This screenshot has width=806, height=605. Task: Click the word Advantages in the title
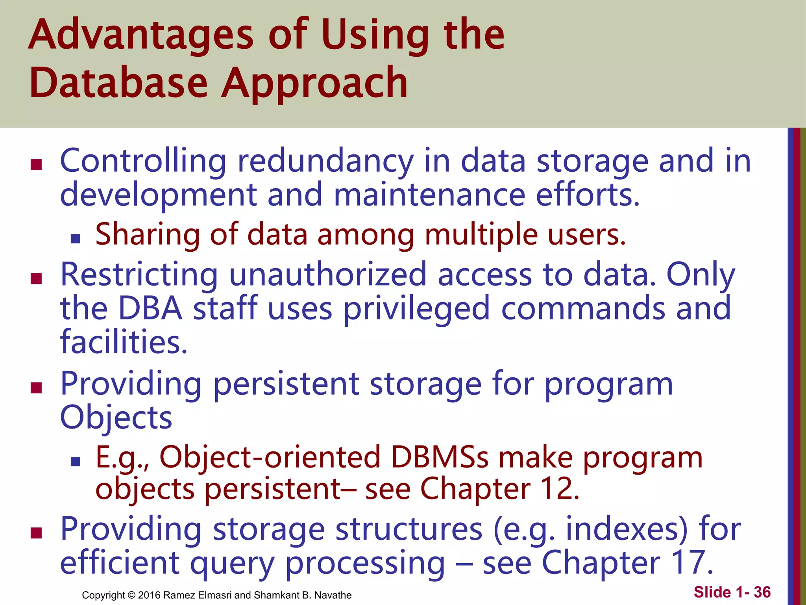click(x=141, y=36)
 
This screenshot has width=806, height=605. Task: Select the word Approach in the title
click(x=314, y=84)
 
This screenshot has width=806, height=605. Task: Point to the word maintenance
click(x=429, y=195)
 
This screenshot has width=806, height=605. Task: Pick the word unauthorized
click(x=328, y=275)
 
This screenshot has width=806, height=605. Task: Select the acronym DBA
click(x=150, y=308)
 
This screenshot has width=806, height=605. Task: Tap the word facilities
click(x=124, y=342)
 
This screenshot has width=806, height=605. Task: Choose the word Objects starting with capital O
click(x=116, y=418)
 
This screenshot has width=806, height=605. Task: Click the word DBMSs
click(x=440, y=458)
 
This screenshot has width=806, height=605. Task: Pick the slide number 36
click(x=762, y=592)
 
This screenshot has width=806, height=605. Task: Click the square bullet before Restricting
click(x=36, y=279)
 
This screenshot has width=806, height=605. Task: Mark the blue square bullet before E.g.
click(x=75, y=461)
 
